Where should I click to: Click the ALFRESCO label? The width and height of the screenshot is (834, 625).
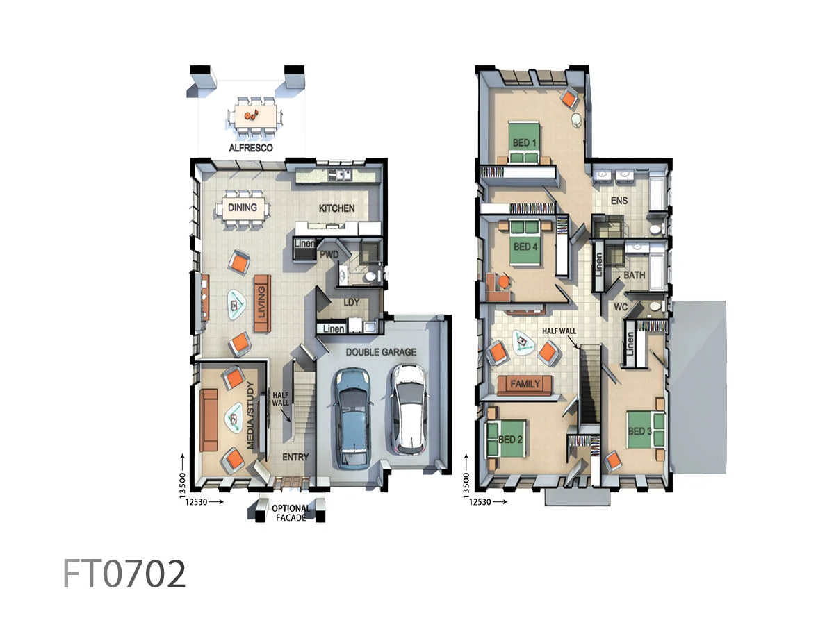point(251,148)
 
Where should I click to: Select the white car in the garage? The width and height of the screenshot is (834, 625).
point(408,410)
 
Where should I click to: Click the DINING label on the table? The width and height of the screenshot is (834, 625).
point(242,207)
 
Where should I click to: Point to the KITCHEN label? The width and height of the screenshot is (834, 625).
point(336,208)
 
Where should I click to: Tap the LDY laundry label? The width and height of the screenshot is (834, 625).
point(352,302)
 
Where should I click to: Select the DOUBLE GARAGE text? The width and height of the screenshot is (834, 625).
point(381,352)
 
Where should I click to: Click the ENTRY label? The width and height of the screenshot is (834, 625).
point(295,457)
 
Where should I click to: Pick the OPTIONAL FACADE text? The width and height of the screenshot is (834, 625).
point(291,512)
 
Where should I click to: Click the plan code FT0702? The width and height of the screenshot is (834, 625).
point(124,574)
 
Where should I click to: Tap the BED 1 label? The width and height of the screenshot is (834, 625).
point(525,142)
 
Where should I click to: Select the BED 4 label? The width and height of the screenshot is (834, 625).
point(525,247)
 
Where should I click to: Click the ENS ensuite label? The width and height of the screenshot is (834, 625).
point(619,201)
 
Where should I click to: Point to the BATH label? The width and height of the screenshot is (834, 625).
point(634,275)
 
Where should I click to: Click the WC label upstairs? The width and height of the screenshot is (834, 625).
point(621,306)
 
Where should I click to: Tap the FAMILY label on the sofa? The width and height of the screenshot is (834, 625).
point(525,384)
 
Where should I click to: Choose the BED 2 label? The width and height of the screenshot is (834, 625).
point(510,440)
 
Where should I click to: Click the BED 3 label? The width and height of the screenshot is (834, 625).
point(639,431)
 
